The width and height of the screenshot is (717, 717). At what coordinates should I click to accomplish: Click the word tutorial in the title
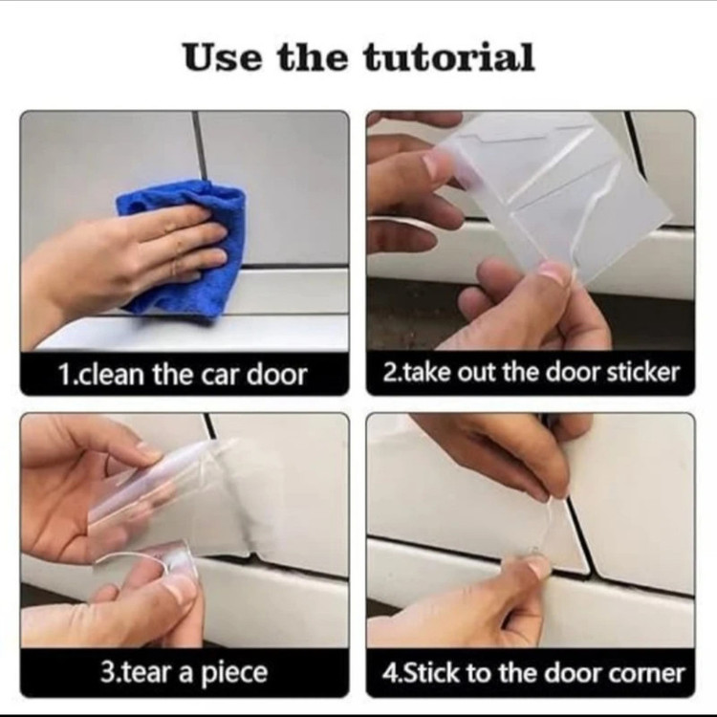[x=449, y=57]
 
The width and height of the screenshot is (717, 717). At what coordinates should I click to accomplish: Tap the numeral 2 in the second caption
[x=388, y=373]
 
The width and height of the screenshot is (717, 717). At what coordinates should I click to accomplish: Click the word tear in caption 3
[x=147, y=672]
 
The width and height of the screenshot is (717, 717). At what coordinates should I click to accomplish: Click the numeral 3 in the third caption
[x=106, y=672]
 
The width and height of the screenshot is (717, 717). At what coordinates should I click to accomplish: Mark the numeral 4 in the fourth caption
[x=388, y=673]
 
